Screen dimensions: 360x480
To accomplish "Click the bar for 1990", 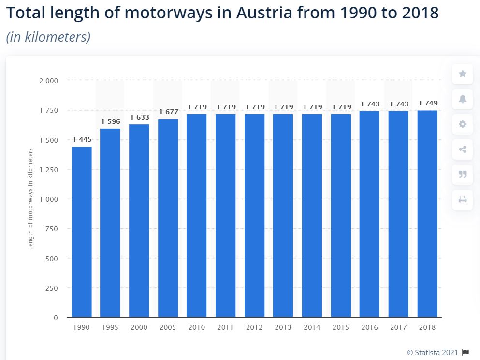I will (81, 232).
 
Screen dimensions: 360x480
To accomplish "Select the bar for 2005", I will (168, 218).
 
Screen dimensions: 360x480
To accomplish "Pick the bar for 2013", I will (283, 216).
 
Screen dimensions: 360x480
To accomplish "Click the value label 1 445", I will (82, 140).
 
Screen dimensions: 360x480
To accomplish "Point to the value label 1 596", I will (111, 121).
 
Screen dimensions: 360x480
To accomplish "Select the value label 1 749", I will (428, 103).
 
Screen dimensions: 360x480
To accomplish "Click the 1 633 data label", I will (140, 117).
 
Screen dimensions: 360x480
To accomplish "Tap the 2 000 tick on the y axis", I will (48, 81).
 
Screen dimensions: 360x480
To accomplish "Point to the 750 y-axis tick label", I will (52, 229).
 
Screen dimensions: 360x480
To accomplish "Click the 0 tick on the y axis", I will (56, 318).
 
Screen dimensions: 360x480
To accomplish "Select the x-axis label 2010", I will (197, 328).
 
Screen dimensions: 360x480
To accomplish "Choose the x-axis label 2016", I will (369, 328).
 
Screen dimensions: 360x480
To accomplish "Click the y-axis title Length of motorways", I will (30, 199).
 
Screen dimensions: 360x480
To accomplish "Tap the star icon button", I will (463, 74).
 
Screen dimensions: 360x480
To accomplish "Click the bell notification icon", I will (463, 99).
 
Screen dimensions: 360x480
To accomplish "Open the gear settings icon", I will (463, 124).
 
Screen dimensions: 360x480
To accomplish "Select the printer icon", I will (463, 199).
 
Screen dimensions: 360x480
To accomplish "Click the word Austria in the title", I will (264, 13).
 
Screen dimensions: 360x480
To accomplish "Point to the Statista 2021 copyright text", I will (433, 352).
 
